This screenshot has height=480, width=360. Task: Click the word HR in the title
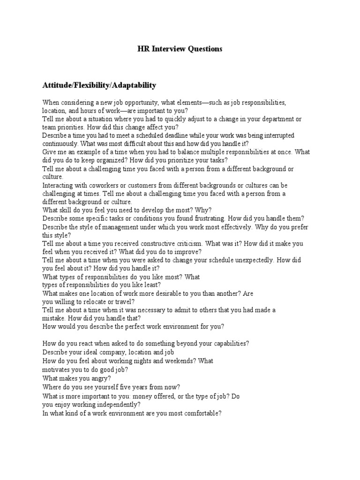point(142,49)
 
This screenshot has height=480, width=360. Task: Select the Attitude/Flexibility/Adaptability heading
point(99,85)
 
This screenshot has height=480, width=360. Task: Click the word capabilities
point(228,344)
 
